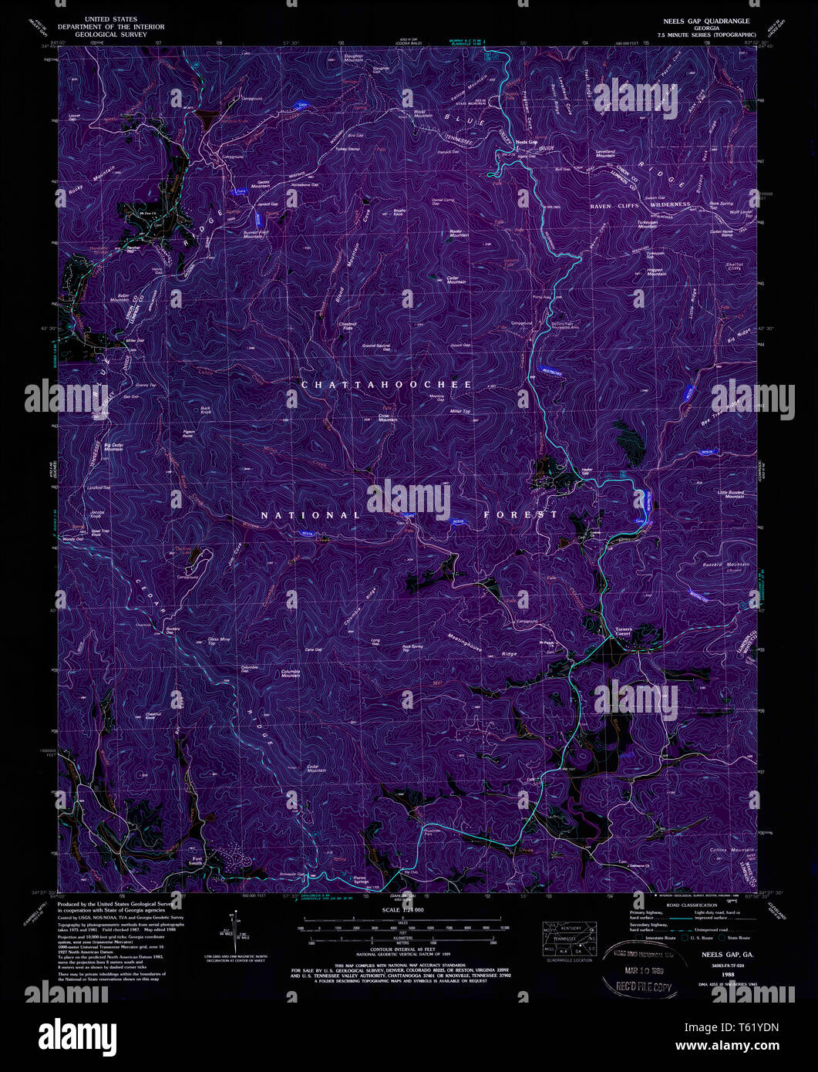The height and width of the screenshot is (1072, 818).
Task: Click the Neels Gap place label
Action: pos(527,142)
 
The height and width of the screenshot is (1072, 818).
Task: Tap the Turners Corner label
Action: pos(623,631)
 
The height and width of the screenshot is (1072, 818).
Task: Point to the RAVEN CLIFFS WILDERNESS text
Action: pos(640,205)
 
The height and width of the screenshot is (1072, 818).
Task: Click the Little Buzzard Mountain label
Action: pos(734,494)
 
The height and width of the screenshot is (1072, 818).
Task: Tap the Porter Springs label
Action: pos(358,879)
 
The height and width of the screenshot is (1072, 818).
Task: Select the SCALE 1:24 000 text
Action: pos(403,910)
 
